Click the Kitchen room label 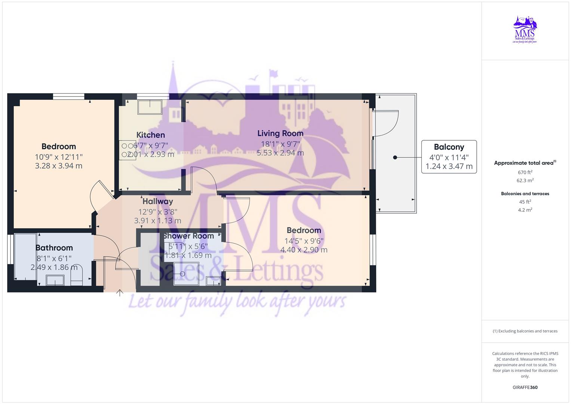click(150, 135)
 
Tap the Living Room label click(280, 133)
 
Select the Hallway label click(157, 201)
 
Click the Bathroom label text click(54, 248)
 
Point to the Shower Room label click(188, 236)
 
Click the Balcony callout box click(449, 157)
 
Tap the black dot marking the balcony click(395, 157)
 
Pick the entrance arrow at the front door click(120, 293)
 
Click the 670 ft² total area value click(525, 172)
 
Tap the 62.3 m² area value click(525, 180)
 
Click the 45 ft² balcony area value click(525, 202)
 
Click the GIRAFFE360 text click(525, 388)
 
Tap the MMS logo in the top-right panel click(525, 30)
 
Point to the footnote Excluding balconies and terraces click(525, 331)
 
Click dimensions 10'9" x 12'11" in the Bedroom click(59, 157)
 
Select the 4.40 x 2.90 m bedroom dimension click(304, 250)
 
